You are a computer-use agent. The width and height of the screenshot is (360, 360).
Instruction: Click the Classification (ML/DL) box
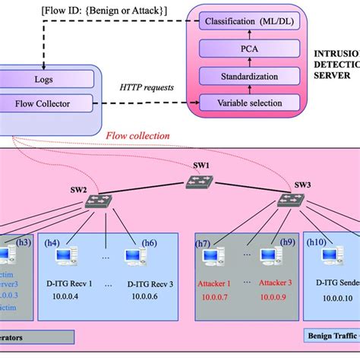(248, 23)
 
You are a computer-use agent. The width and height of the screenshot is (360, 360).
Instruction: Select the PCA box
(248, 49)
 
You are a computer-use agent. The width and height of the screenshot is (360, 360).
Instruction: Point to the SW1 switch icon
(201, 183)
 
